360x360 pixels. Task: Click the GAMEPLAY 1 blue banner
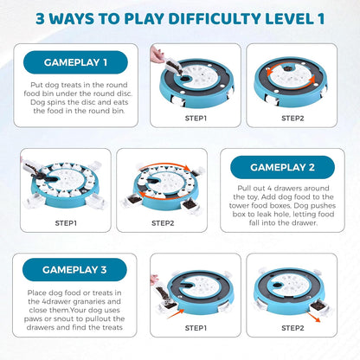[75, 62]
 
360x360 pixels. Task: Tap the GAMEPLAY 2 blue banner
[282, 167]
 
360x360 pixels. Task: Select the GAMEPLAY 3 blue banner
[74, 270]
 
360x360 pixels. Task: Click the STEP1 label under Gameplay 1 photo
[196, 119]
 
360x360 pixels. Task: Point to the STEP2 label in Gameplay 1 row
[292, 119]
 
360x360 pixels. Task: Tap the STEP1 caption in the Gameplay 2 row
[66, 223]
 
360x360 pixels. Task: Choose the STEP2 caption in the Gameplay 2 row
[163, 223]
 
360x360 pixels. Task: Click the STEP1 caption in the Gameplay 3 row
[196, 328]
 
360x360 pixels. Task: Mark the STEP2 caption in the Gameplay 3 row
[292, 328]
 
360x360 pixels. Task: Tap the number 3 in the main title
[41, 19]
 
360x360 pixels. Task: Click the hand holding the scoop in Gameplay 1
[156, 55]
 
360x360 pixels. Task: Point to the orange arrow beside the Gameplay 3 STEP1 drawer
[176, 313]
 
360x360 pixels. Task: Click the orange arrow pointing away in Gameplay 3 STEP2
[313, 317]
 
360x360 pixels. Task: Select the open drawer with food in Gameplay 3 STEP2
[318, 306]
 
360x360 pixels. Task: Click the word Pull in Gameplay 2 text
[244, 189]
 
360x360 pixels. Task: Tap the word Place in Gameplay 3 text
[37, 292]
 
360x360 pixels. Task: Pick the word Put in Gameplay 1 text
[36, 85]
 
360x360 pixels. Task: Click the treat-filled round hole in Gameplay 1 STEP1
[185, 78]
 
